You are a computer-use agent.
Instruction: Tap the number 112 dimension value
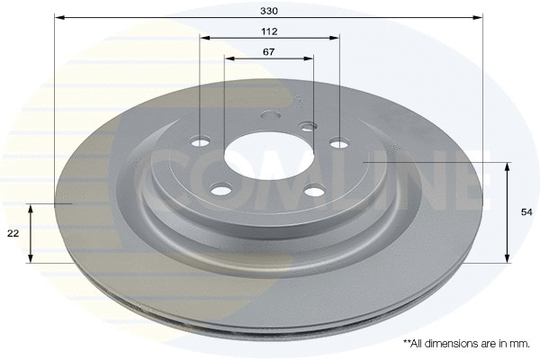point(270,31)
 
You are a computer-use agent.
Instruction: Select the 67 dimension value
point(269,51)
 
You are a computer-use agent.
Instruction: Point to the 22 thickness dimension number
point(13,233)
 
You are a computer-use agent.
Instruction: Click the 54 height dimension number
point(526,211)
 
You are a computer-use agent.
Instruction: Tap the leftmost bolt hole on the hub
point(201,140)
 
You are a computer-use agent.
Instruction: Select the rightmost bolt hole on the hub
point(338,141)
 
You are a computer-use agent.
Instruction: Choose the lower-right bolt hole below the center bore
point(314,189)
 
